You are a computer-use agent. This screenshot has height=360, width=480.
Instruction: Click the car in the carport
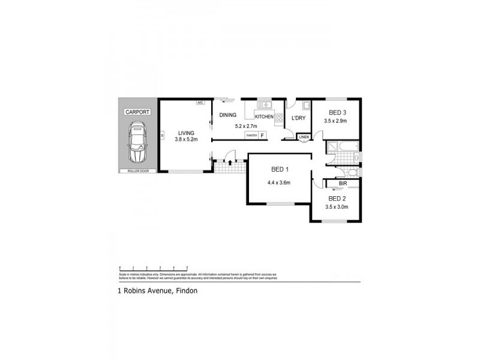(137, 143)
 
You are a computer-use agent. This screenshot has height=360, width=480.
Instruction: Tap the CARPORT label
(137, 112)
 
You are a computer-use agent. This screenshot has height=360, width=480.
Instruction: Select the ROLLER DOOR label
(137, 171)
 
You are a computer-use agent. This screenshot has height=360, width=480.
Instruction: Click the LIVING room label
(185, 133)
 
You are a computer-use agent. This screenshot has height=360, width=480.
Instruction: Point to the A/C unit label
(200, 103)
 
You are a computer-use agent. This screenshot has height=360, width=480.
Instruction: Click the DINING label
(228, 115)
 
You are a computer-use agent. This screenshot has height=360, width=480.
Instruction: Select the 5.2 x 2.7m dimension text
(245, 127)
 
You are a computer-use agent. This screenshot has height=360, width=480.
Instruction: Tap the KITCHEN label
(265, 116)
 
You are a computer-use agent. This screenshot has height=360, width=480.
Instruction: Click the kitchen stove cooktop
(278, 118)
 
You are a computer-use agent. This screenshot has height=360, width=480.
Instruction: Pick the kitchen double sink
(262, 104)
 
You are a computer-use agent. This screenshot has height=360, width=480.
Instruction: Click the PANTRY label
(252, 136)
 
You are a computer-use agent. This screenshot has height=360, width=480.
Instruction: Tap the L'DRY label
(298, 118)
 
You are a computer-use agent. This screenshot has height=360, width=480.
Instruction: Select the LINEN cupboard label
(304, 137)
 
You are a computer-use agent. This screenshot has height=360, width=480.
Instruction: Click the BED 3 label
(337, 113)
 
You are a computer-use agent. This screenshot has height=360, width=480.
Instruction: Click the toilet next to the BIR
(353, 173)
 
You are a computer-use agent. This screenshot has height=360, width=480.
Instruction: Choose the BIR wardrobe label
(343, 184)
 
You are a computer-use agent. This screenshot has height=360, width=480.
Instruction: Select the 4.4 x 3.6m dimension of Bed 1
(279, 182)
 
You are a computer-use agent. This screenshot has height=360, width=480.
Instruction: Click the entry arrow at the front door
(231, 161)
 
